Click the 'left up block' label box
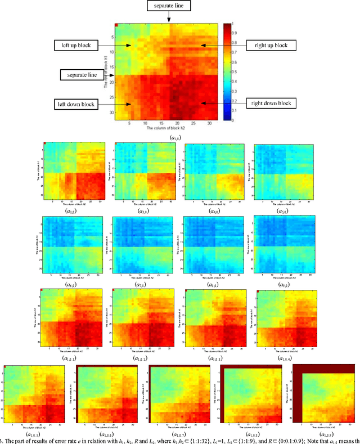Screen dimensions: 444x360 click(x=77, y=44)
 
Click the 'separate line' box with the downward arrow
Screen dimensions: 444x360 click(x=169, y=6)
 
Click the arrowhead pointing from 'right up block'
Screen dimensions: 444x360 click(x=203, y=44)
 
